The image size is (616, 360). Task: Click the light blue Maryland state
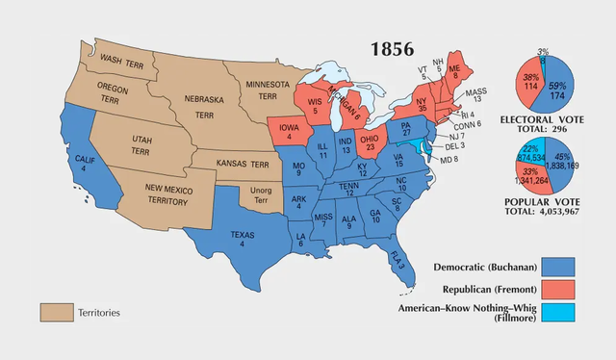[x=415, y=147]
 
